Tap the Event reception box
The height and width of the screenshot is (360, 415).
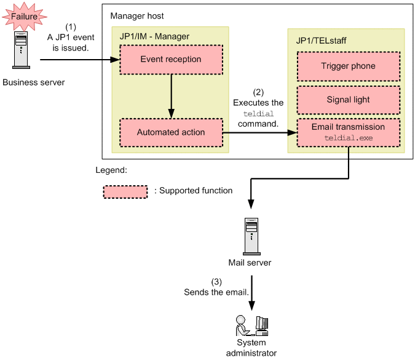coord(170,60)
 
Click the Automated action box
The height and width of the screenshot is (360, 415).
coord(170,132)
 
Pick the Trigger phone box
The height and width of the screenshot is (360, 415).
coord(348,66)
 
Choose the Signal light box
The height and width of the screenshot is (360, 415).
coord(348,100)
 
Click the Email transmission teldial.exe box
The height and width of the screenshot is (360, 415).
coord(348,132)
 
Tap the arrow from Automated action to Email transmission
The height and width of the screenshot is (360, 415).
coord(258,132)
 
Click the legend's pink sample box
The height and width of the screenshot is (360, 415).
coord(125,191)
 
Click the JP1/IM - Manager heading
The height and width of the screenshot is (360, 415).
coord(154,36)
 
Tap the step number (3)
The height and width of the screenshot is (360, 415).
coord(216,281)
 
